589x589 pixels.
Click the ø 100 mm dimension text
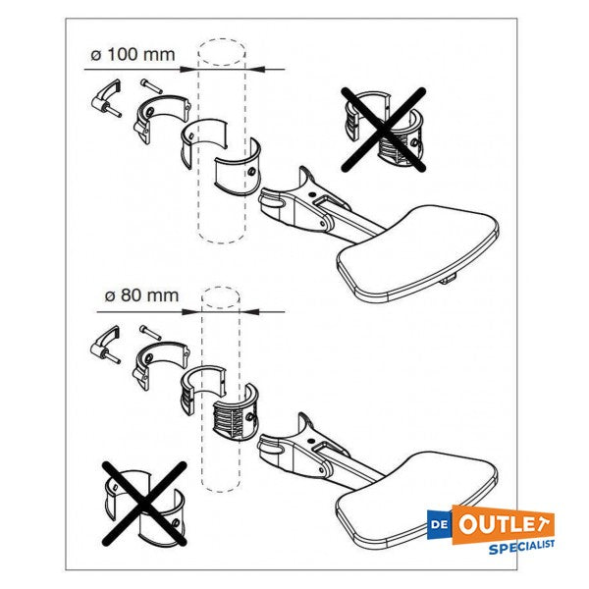[133, 55]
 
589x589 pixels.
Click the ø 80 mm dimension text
[141, 295]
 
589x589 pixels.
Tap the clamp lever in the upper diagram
[107, 98]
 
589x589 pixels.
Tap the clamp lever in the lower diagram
[106, 345]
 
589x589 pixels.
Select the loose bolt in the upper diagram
[151, 86]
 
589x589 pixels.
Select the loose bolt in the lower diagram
[150, 333]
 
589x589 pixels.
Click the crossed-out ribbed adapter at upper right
[384, 130]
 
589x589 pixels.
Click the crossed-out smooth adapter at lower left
[144, 504]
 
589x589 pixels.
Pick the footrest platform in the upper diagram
[418, 252]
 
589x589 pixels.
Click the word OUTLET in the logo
[503, 524]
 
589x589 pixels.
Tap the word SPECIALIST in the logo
[521, 547]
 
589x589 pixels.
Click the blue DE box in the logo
[440, 524]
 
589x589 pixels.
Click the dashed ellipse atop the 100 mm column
[222, 52]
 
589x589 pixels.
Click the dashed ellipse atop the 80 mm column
[221, 297]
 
